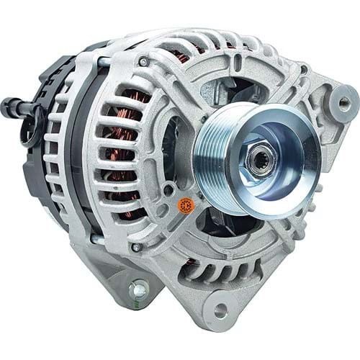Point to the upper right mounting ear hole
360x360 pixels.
coord(343,103)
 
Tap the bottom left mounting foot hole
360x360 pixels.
coord(138,291)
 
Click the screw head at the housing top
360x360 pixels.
coord(146,63)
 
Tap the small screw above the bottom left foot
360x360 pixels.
coord(135,247)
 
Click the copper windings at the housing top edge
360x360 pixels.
coord(184,55)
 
